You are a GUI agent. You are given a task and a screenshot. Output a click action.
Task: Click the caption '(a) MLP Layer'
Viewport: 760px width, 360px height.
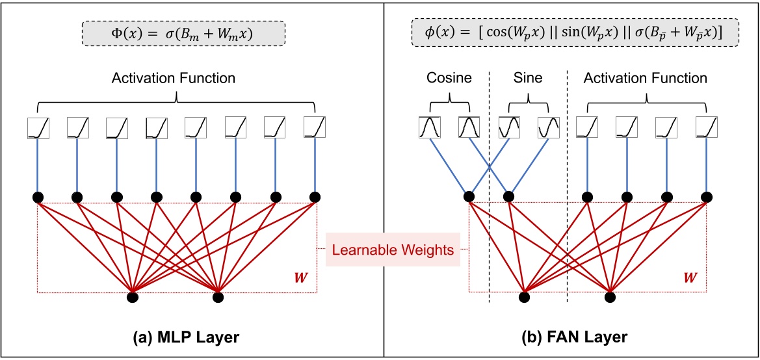(x=180, y=338)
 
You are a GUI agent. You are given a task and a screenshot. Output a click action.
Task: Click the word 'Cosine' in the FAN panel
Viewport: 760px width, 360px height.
(x=449, y=79)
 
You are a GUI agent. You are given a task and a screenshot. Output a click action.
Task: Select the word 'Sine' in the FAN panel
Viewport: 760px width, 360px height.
(x=529, y=79)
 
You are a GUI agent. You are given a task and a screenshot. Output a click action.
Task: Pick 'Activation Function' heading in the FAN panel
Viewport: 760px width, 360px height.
(x=645, y=79)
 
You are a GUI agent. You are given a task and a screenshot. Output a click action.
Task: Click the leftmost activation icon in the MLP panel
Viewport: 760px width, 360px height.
(x=38, y=127)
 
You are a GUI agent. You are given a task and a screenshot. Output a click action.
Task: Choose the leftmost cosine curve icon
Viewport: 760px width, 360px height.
(x=429, y=127)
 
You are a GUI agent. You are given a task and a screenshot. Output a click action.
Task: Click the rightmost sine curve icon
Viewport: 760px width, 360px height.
(x=549, y=127)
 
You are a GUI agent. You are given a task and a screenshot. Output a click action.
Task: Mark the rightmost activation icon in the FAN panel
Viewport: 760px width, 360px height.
(x=707, y=127)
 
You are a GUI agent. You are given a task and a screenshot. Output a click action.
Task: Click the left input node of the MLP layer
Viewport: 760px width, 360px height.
(x=133, y=298)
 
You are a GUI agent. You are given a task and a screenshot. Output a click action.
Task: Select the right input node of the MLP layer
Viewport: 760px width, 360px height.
(x=218, y=298)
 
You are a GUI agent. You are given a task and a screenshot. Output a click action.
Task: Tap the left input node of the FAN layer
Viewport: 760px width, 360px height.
(x=524, y=298)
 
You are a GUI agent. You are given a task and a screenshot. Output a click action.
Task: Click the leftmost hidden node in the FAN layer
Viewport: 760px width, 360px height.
(x=469, y=197)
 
